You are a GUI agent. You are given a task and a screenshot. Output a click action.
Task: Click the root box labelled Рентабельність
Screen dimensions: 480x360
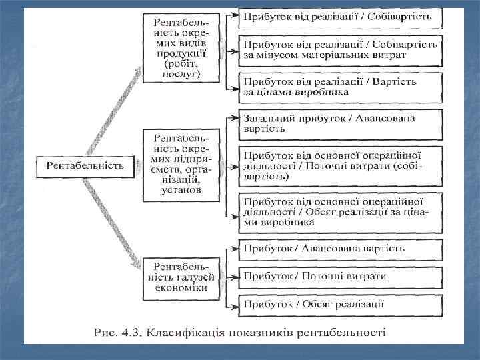[85, 166]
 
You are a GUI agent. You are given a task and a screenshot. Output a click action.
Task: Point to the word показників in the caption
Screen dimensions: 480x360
[259, 331]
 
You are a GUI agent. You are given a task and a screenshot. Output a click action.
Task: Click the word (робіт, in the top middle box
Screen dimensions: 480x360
[182, 65]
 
